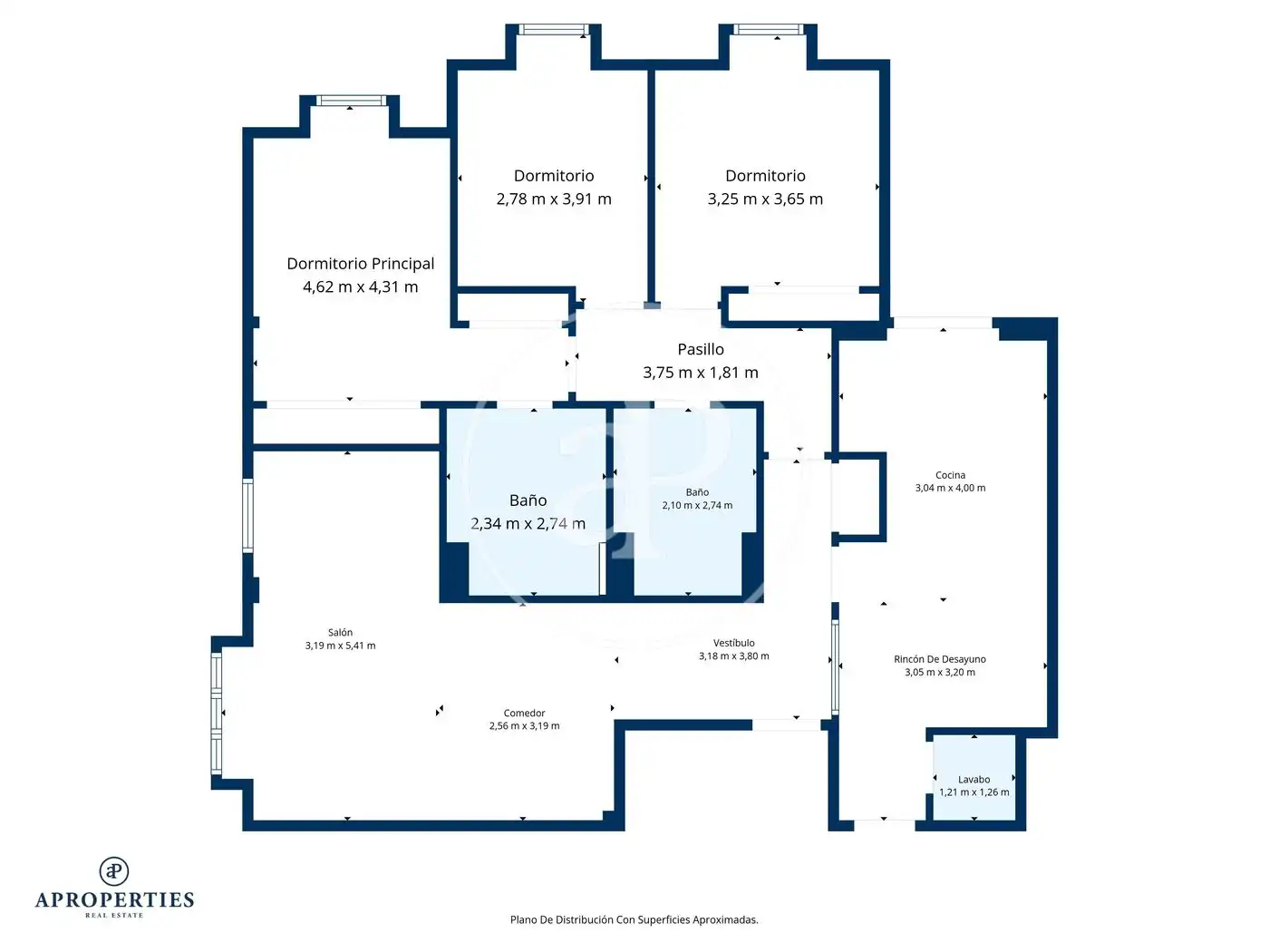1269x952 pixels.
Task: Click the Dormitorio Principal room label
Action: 360,264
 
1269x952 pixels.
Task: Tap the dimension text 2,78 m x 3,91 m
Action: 553,199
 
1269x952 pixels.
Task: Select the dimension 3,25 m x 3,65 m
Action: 765,199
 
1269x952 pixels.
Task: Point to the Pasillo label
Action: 700,349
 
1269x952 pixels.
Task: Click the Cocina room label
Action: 950,475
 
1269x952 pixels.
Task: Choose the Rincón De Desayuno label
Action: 939,659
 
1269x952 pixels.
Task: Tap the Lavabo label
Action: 974,779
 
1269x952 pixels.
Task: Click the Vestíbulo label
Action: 733,643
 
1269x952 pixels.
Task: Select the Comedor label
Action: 524,714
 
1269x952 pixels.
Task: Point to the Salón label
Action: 340,632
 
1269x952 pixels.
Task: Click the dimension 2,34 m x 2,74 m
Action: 528,524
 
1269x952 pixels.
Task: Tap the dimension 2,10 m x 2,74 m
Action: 697,505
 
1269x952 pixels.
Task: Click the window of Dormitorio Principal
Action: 351,101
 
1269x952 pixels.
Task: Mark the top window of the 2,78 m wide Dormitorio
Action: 553,30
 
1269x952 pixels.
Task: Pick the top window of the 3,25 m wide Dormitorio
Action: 769,30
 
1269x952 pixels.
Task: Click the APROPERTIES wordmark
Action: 114,900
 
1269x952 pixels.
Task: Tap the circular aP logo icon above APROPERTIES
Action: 114,871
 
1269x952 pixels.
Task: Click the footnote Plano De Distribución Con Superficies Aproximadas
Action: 634,919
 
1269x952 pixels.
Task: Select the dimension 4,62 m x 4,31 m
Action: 360,287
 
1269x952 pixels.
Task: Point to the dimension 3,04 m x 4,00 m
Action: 950,488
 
